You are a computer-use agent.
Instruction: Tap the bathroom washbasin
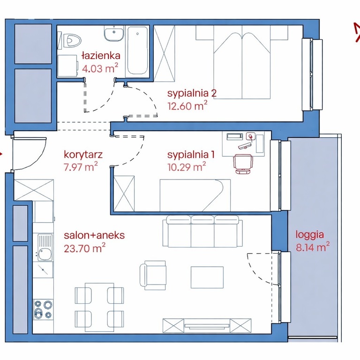click(114, 34)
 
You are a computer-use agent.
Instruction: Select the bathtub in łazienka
click(137, 51)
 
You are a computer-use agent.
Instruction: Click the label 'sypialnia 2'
click(192, 93)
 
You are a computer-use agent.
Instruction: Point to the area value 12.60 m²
click(187, 106)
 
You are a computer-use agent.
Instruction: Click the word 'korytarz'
click(83, 155)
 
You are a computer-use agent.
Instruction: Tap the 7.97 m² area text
click(81, 166)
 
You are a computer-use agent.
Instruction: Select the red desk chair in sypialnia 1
click(243, 164)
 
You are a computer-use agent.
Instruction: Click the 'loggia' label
click(310, 235)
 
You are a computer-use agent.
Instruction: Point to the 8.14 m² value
click(313, 247)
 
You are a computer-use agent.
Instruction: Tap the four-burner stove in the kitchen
click(44, 309)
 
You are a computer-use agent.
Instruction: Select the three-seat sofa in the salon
click(202, 231)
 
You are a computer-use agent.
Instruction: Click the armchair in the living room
click(153, 275)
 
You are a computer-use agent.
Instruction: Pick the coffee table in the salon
click(207, 277)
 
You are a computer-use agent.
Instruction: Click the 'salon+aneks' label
click(94, 235)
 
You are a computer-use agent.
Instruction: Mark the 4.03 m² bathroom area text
click(100, 68)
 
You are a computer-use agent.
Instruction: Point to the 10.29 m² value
click(187, 167)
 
